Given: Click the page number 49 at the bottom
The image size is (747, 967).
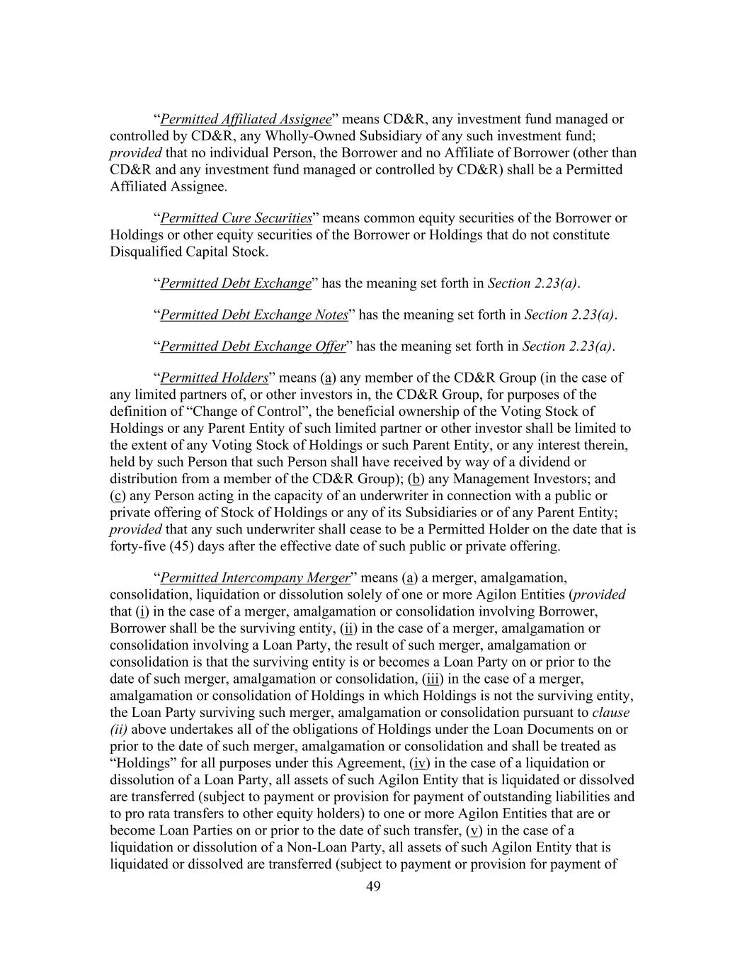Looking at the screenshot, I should point(373,886).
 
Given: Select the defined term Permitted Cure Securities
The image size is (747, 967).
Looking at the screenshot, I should point(236,218).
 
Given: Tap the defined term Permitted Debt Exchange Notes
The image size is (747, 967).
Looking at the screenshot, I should point(254,315).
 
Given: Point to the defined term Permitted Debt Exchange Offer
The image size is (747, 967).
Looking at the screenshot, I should point(253,346).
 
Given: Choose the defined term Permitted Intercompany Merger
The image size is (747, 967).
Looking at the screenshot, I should point(255,577).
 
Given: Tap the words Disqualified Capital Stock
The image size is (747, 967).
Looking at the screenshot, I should point(188,252).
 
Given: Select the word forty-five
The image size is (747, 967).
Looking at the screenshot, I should point(138,546).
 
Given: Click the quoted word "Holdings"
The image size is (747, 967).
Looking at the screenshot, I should point(142,763).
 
